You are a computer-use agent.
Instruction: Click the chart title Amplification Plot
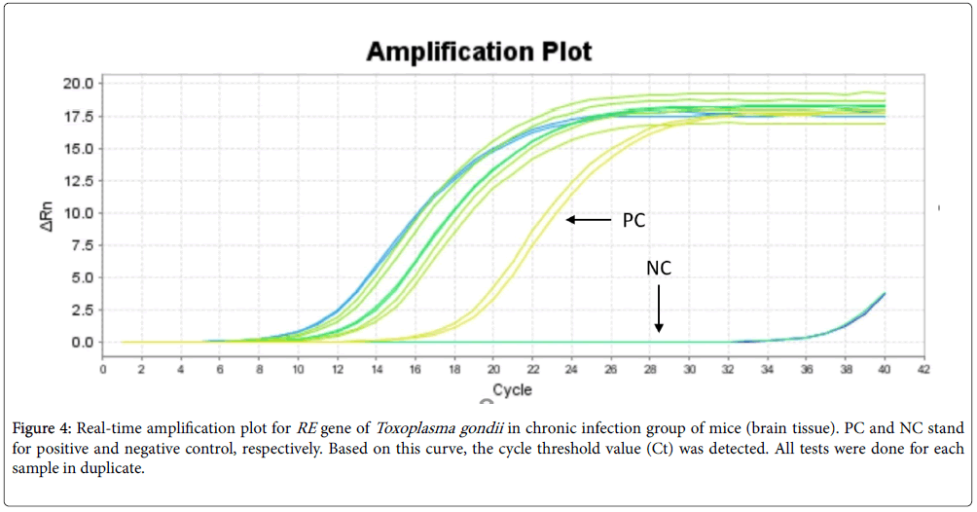coord(479,52)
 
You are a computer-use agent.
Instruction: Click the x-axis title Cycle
coord(511,390)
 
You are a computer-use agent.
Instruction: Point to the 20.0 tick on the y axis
coord(81,84)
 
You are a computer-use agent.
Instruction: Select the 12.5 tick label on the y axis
coord(81,181)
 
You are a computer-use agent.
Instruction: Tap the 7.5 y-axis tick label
coord(84,245)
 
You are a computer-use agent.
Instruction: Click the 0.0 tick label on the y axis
coord(84,342)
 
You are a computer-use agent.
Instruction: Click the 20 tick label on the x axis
coord(493,369)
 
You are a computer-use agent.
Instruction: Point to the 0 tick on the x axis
coord(103,369)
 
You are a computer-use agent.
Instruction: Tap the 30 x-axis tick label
coord(689,369)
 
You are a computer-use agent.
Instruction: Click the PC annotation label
coord(633,221)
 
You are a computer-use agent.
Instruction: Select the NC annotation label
coord(659,267)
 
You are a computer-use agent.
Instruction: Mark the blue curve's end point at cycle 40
coord(884,293)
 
